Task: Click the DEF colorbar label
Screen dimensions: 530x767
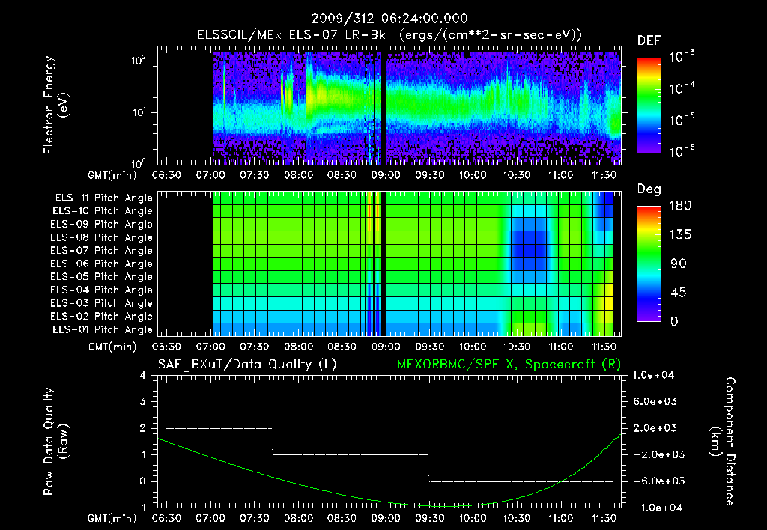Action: tap(649, 40)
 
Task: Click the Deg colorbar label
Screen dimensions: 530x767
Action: tap(649, 189)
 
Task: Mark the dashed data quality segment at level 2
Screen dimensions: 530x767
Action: tap(218, 428)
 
